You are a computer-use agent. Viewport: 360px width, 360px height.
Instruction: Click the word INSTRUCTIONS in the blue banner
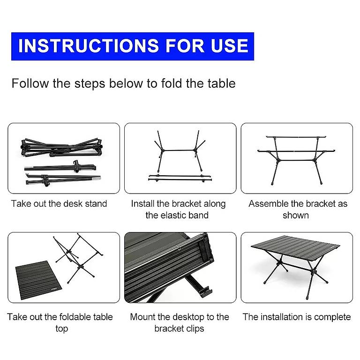pos(89,45)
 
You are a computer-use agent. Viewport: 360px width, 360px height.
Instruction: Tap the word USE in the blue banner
pos(230,45)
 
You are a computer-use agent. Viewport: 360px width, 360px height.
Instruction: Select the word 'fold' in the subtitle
pos(171,83)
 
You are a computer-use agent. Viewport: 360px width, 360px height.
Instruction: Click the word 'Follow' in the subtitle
pos(30,83)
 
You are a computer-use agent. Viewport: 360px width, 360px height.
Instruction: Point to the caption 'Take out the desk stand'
pos(59,203)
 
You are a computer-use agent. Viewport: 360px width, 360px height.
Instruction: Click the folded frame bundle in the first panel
pos(61,147)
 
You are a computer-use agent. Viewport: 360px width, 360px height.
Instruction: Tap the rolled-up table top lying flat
pos(38,280)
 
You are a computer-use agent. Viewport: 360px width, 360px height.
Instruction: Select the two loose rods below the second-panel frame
pos(180,178)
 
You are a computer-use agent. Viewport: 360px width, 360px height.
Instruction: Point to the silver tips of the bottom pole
pos(97,177)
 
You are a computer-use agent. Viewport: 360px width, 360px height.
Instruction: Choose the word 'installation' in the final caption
pos(282,317)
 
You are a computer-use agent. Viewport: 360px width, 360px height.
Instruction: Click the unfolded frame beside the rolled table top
pos(78,258)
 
